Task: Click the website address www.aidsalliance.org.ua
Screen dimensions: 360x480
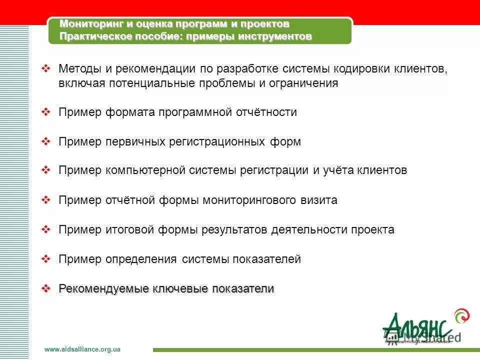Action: pyautogui.click(x=82, y=349)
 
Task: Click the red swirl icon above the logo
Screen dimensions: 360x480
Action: pyautogui.click(x=461, y=316)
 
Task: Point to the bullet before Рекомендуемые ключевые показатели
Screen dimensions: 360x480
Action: pyautogui.click(x=46, y=288)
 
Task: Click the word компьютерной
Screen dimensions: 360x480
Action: pyautogui.click(x=145, y=170)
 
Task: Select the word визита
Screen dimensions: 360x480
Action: pyautogui.click(x=319, y=200)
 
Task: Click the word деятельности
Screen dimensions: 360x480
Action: pyautogui.click(x=309, y=230)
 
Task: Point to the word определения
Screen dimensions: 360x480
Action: pyautogui.click(x=141, y=259)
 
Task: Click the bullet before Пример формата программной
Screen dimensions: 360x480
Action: pyautogui.click(x=46, y=112)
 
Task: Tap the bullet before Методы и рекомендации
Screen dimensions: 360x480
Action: pyautogui.click(x=46, y=68)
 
